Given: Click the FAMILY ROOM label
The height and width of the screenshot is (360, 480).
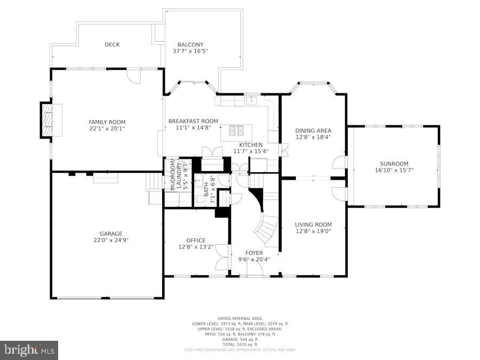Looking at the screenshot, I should click(x=107, y=122).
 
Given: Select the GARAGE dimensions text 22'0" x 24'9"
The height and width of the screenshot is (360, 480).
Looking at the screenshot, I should click(x=111, y=240).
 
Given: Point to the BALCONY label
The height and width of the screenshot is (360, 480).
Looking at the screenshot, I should click(x=190, y=45).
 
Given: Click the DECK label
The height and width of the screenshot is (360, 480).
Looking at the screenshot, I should click(x=112, y=45).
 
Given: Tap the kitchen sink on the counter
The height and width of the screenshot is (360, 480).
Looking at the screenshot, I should click(x=251, y=100).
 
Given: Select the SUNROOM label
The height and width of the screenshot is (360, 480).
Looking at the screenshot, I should click(x=394, y=164).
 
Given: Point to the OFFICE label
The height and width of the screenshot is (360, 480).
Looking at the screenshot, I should click(x=196, y=240).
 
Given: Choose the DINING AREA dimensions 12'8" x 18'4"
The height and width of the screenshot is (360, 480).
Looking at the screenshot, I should click(x=313, y=137).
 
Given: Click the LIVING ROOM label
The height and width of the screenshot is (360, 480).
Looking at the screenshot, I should click(x=314, y=225).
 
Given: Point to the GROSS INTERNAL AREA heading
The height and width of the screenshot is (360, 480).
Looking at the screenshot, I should click(x=239, y=318).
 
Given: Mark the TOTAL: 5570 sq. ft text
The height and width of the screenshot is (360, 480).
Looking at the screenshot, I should click(x=239, y=344).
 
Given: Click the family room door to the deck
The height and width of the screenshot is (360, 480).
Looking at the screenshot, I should click(x=134, y=76).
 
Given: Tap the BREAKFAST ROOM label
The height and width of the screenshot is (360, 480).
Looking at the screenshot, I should click(x=193, y=121).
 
